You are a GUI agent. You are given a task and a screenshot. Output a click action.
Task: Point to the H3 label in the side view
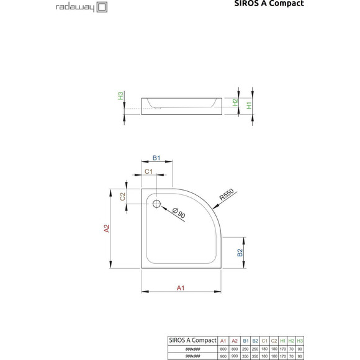tap(120, 97)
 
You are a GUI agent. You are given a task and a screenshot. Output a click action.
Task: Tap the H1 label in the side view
tap(250, 105)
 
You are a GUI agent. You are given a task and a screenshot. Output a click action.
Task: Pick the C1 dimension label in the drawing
tap(149, 171)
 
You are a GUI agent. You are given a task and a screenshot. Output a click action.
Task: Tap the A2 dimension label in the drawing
tap(106, 229)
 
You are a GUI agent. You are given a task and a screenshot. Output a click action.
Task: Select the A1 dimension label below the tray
tap(181, 287)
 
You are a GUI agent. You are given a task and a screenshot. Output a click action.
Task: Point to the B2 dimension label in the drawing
tap(240, 253)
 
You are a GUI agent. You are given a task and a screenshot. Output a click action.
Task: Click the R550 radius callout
tap(227, 197)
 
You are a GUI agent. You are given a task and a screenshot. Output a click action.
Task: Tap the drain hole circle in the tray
tap(156, 204)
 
